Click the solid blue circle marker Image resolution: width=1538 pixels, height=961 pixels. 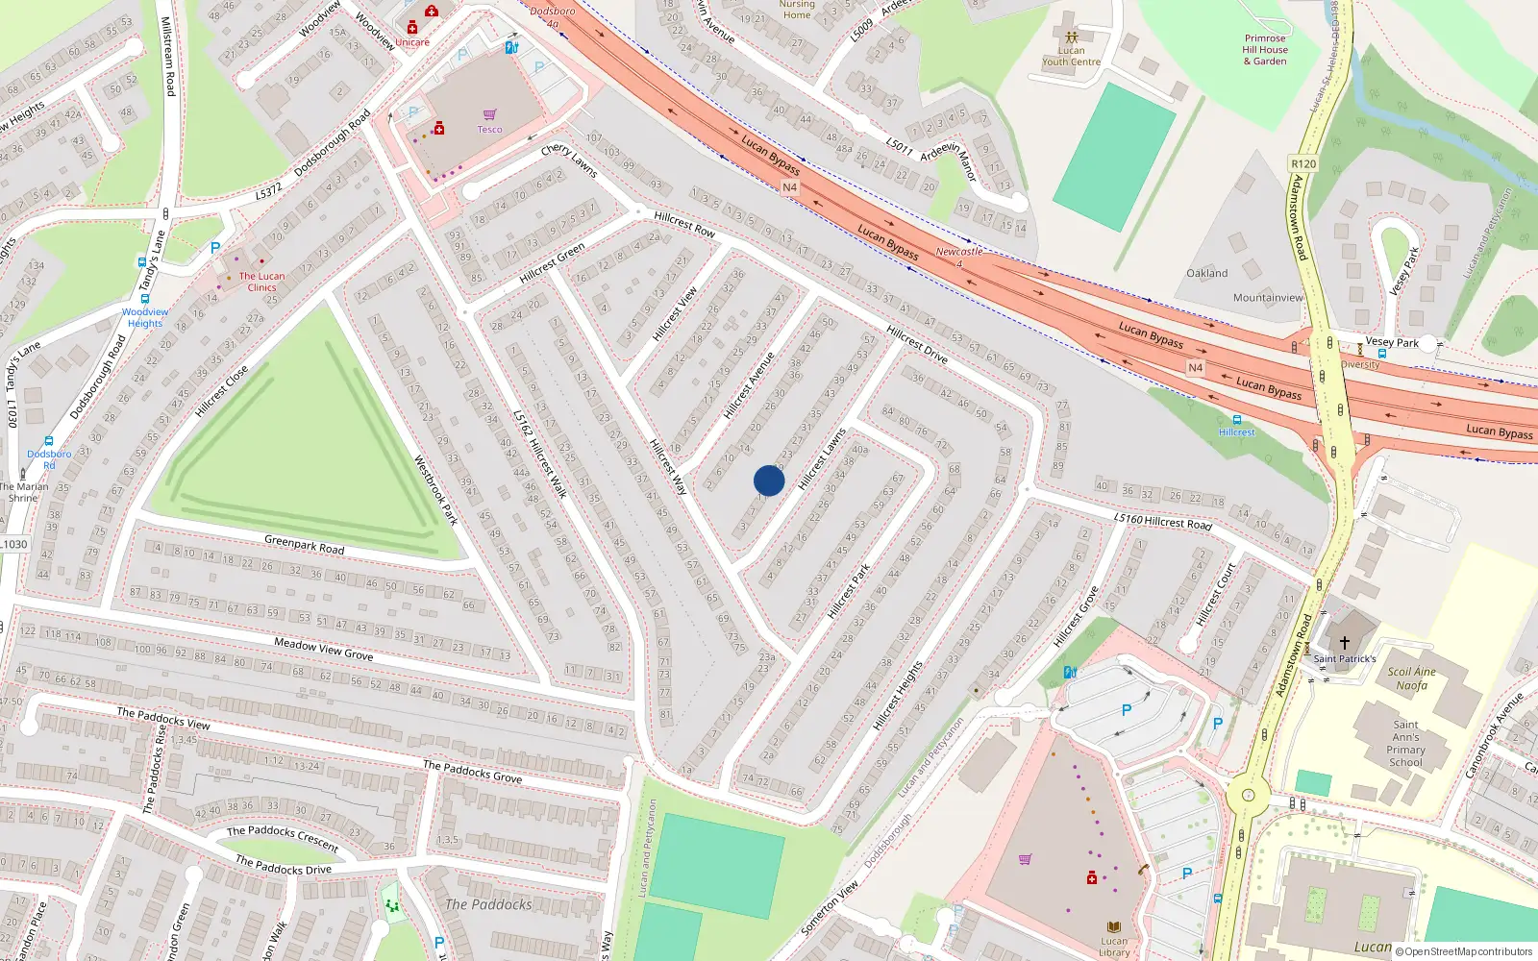coord(769,480)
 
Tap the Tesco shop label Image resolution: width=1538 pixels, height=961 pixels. coord(489,130)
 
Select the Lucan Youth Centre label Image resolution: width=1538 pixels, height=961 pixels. coord(1071,57)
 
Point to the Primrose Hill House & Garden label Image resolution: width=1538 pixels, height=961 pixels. coord(1265,50)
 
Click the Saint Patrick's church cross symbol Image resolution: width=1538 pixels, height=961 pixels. coord(1345,642)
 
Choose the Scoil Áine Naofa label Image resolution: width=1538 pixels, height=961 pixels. coord(1411,678)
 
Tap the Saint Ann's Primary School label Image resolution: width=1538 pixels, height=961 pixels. coord(1405,744)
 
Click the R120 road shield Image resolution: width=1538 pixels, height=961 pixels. coord(1303,164)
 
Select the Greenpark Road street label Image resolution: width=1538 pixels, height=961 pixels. coord(304,545)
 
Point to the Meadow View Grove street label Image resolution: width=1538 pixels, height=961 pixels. coord(323,649)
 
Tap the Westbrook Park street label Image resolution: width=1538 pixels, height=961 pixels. coord(435,490)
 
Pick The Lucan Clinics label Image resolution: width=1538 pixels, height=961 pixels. coord(261,282)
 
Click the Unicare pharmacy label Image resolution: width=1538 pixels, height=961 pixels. coord(412,42)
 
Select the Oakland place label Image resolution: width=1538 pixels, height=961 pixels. coord(1206,274)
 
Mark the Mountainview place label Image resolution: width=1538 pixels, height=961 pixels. coord(1268,298)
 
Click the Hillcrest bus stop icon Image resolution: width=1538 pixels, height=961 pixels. coord(1236,420)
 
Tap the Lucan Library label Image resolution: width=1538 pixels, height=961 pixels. coord(1114,947)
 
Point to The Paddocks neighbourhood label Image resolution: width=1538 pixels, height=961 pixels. coord(488,904)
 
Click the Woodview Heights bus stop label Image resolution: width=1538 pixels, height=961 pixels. coord(145,317)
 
